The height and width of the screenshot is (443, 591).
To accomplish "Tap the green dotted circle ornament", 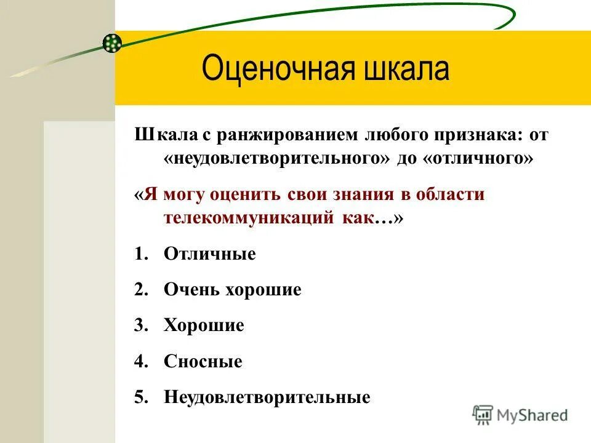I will (x=112, y=42).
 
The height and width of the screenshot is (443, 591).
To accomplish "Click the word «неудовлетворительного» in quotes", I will (x=277, y=158).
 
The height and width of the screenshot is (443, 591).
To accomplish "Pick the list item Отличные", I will (x=209, y=253).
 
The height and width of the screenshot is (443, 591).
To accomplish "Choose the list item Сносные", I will (x=203, y=361).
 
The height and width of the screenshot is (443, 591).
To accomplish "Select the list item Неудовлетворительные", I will (x=267, y=397).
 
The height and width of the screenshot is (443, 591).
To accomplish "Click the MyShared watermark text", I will (x=533, y=415).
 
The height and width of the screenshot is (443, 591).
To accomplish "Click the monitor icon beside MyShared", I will (x=483, y=414).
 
